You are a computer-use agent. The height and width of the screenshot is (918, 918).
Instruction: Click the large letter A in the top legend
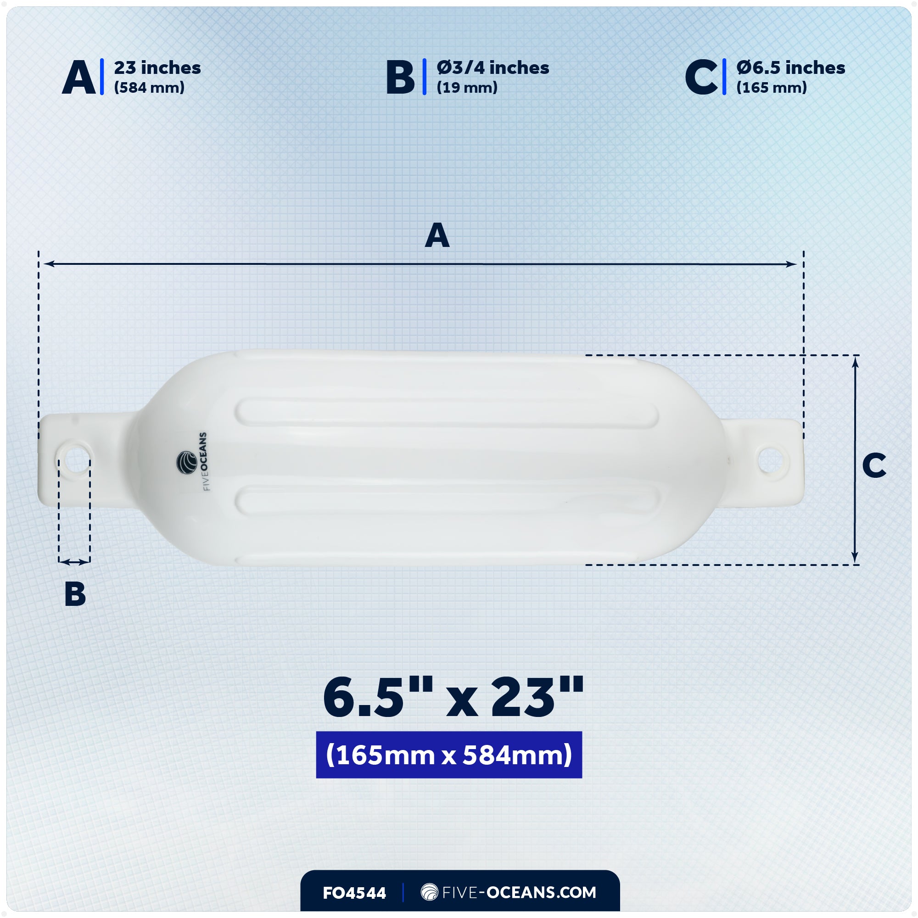(79, 78)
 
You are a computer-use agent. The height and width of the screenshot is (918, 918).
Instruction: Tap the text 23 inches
(157, 68)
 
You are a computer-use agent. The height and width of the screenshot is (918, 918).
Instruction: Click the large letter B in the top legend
(400, 78)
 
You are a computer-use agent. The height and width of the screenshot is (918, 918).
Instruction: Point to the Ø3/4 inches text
(493, 68)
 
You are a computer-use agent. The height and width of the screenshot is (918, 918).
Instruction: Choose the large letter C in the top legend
(701, 78)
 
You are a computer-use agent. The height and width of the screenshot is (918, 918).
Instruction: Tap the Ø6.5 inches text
(791, 68)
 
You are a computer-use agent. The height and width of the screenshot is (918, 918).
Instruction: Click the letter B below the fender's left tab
(75, 594)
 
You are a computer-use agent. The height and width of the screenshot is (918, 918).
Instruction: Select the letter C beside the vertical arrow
(874, 465)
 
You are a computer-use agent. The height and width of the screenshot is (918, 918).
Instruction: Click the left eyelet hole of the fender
(75, 460)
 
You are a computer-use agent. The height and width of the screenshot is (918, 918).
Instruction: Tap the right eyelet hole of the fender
(770, 460)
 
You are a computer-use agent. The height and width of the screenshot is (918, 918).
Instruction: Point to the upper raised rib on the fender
(447, 413)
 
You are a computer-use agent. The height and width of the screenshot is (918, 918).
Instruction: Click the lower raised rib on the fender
(447, 501)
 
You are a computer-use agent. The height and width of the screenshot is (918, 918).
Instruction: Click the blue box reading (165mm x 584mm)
(448, 755)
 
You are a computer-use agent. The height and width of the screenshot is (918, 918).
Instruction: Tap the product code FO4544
(354, 893)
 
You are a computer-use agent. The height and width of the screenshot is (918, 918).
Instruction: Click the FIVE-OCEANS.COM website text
(509, 892)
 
